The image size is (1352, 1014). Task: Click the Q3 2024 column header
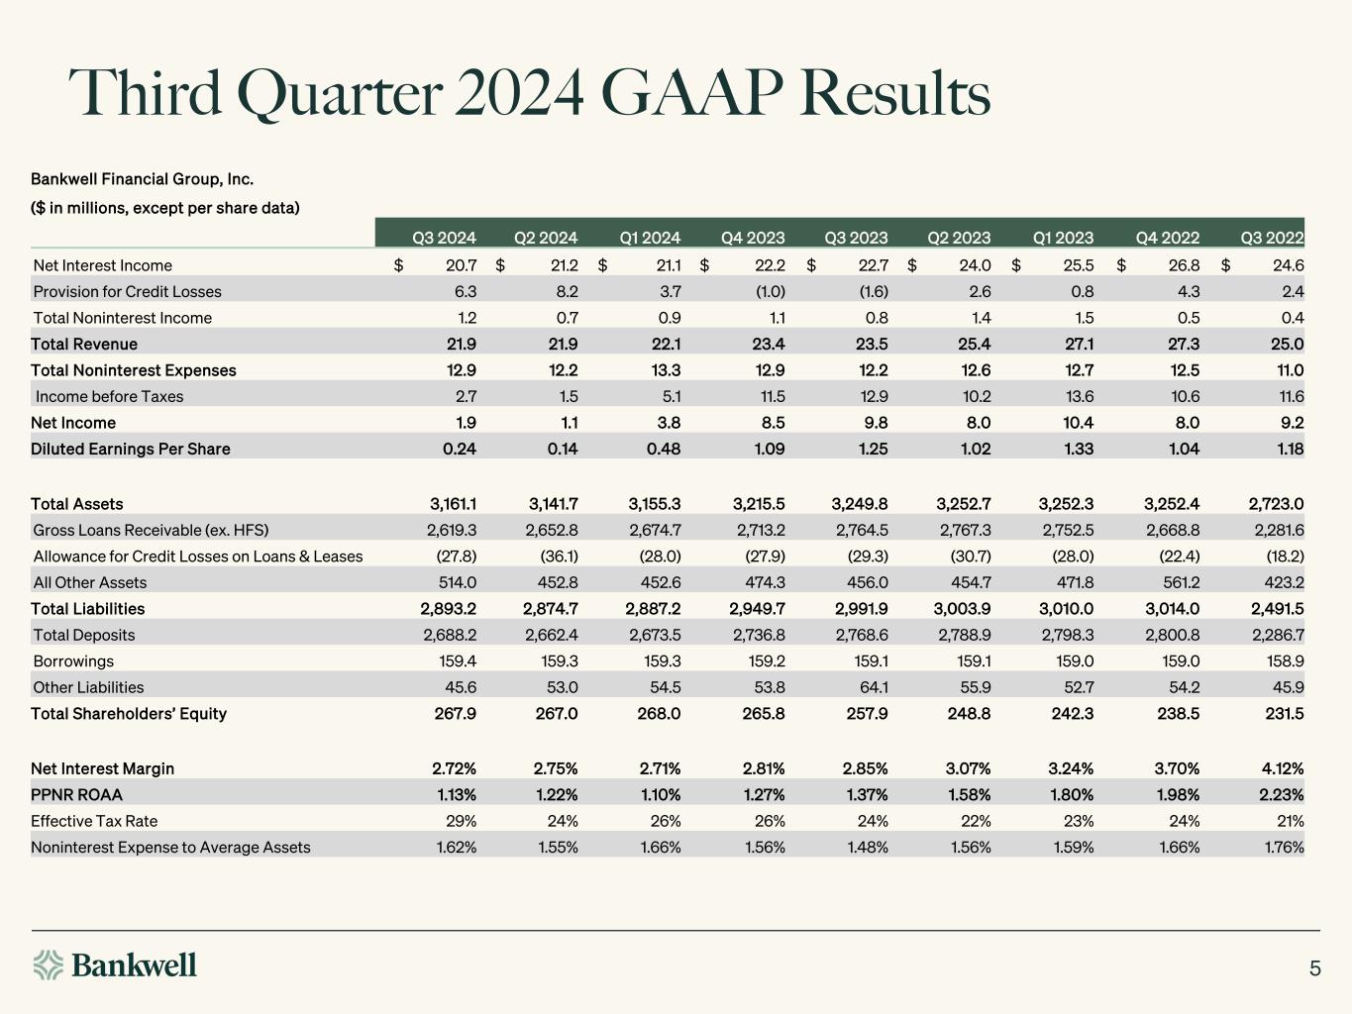point(444,238)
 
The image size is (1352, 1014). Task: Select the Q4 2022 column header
point(1168,238)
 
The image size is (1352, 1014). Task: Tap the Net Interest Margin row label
point(102,768)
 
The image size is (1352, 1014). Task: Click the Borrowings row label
point(73,661)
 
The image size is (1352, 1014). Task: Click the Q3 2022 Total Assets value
point(1277,504)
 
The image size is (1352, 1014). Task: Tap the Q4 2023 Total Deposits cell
point(757,635)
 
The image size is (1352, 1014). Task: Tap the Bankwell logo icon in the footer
point(48,964)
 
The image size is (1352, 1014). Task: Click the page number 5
point(1315,968)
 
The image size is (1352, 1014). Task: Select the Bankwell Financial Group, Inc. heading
point(142,179)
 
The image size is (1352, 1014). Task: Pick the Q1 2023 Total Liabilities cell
point(1067,609)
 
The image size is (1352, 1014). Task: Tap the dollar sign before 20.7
point(398,265)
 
